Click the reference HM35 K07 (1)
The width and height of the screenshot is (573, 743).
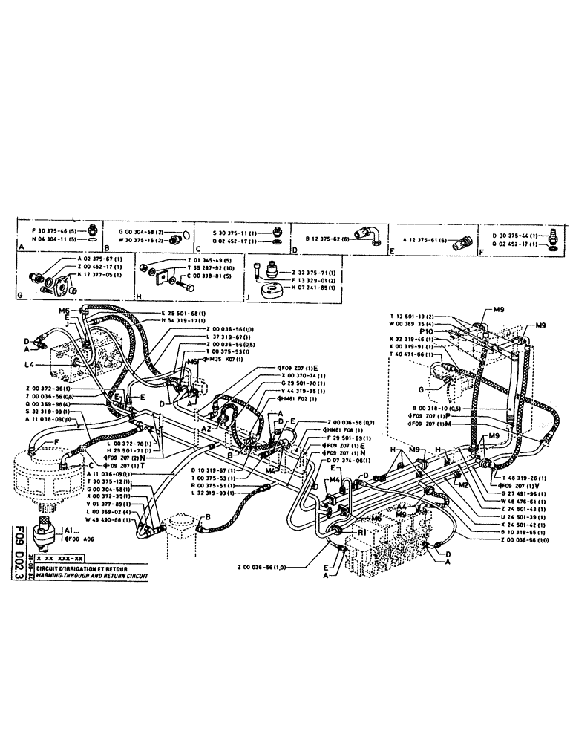click(222, 360)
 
